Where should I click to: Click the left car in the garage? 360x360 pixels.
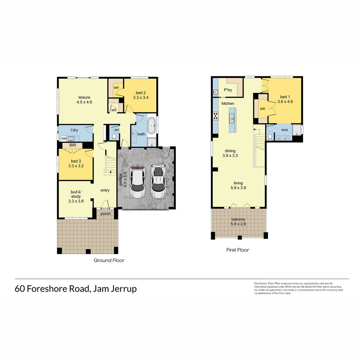pyautogui.click(x=138, y=182)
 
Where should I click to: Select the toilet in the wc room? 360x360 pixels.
pyautogui.click(x=114, y=136)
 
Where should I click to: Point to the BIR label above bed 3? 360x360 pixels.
pyautogui.click(x=73, y=146)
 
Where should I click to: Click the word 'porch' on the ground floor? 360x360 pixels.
pyautogui.click(x=106, y=214)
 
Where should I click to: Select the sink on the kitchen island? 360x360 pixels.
pyautogui.click(x=231, y=118)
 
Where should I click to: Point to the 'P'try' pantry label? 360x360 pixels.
pyautogui.click(x=228, y=90)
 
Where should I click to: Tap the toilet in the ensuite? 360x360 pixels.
pyautogui.click(x=270, y=137)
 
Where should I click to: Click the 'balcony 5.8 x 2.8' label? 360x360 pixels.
pyautogui.click(x=238, y=222)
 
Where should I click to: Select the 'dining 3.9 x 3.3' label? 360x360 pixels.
pyautogui.click(x=230, y=153)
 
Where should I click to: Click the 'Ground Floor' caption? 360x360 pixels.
pyautogui.click(x=109, y=260)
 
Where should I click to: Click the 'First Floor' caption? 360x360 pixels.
pyautogui.click(x=238, y=250)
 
